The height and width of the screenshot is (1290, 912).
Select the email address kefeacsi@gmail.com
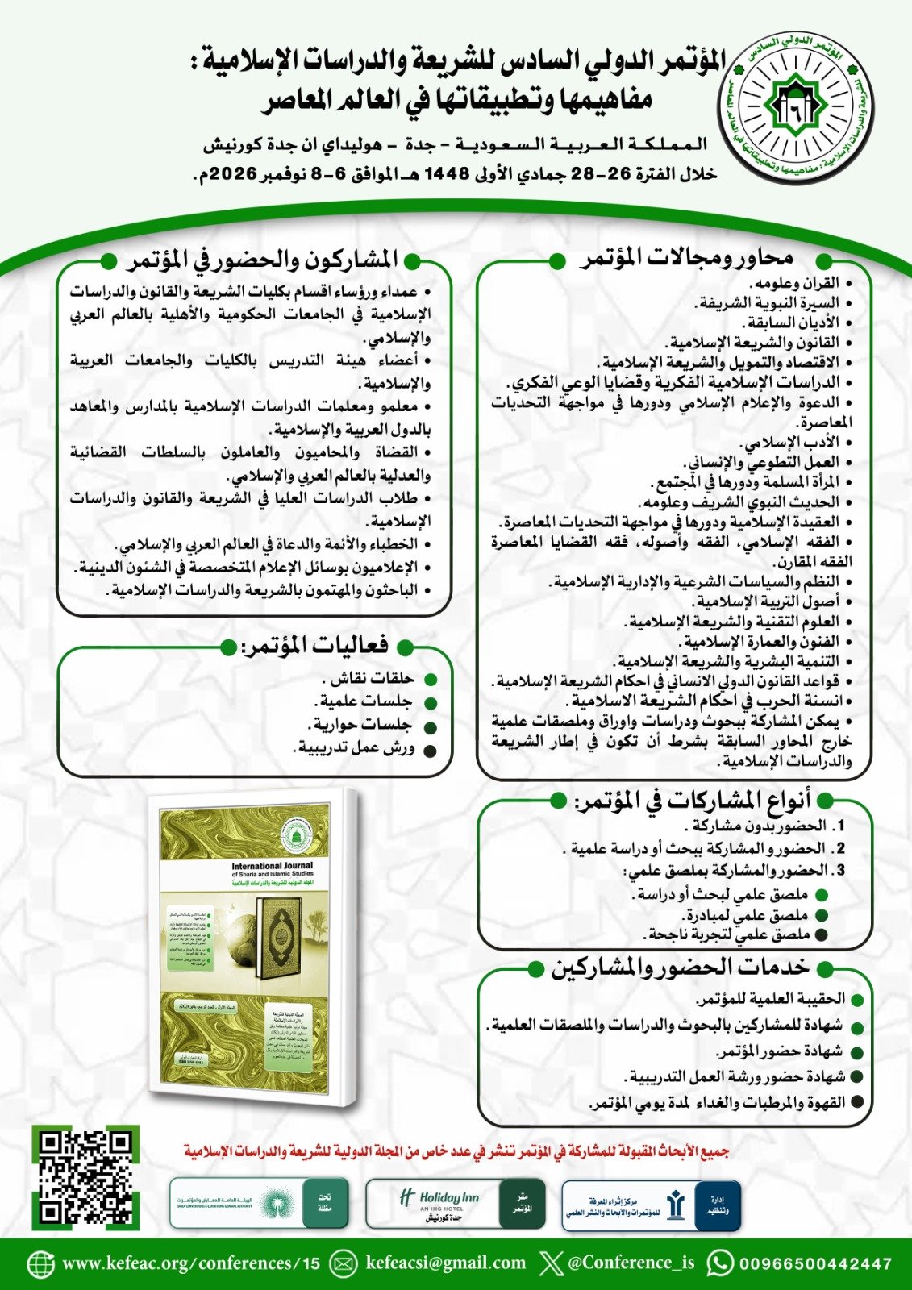tap(445, 1263)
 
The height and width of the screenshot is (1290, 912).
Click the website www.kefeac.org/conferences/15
tap(191, 1263)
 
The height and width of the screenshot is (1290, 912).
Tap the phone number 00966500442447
tap(815, 1263)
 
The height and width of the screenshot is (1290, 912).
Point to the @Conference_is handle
tap(631, 1263)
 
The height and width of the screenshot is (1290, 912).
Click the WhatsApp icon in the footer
tap(720, 1263)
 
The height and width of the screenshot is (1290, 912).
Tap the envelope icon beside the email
tap(344, 1263)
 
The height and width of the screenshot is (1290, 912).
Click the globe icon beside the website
tap(40, 1263)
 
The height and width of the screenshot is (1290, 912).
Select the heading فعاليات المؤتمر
tap(315, 645)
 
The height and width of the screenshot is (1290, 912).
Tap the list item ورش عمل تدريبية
tap(356, 748)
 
